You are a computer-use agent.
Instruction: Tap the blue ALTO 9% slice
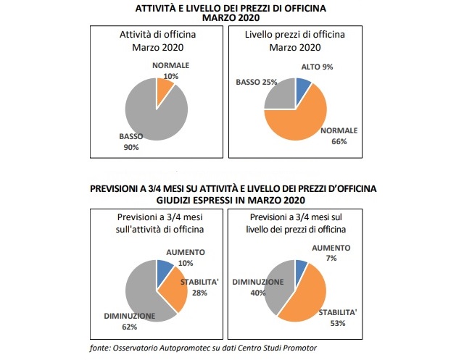tap(304, 90)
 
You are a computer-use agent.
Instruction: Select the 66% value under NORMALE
tap(340, 141)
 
